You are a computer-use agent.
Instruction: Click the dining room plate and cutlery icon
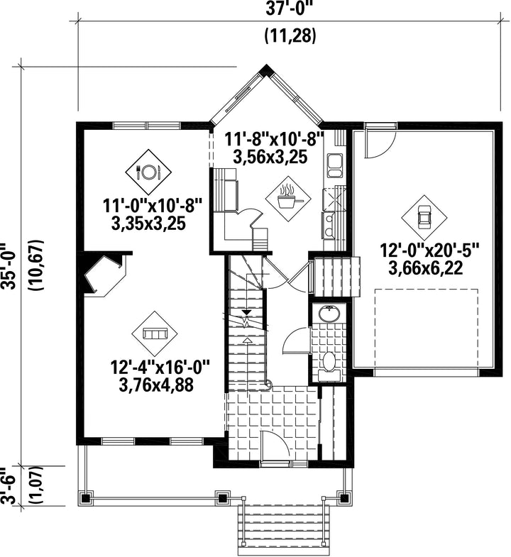[148, 172]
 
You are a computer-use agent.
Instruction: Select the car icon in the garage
[424, 217]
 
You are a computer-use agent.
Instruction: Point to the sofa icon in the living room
[155, 334]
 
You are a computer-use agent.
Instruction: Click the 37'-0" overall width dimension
[289, 9]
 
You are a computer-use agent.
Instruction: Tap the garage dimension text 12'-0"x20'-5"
[430, 250]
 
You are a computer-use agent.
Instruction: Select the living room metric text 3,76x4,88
[156, 385]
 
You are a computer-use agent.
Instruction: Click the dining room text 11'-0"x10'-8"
[153, 206]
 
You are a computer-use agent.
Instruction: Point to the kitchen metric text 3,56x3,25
[270, 156]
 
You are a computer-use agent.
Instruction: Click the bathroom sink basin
[329, 313]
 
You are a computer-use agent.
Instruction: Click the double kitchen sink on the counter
[335, 165]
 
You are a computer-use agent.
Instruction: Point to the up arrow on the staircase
[247, 341]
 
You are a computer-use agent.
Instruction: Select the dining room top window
[147, 126]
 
